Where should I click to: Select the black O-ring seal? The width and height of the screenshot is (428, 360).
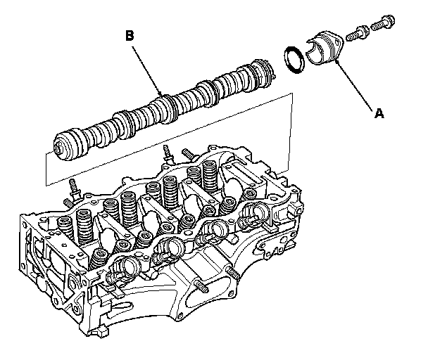295,59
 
